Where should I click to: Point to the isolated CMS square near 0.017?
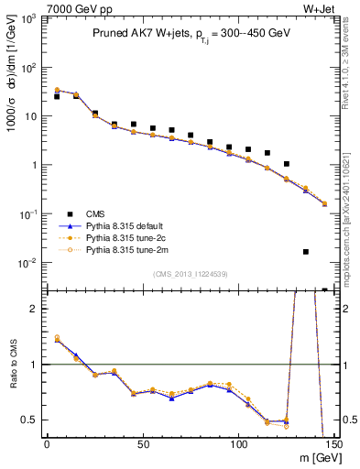point(306,252)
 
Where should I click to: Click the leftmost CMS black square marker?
point(57,96)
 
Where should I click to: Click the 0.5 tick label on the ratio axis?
point(30,420)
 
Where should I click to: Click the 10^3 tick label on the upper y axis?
point(29,18)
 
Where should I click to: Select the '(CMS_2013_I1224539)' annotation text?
point(191,273)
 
